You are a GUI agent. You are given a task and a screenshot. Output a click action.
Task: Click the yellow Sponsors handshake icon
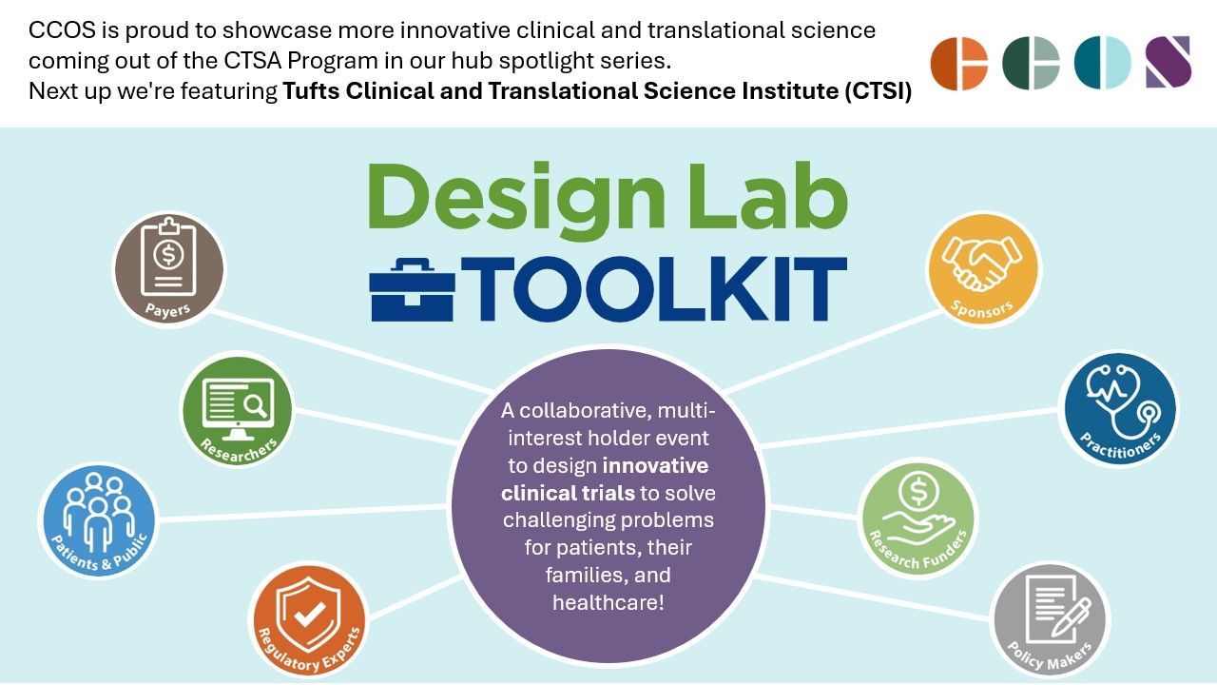pyautogui.click(x=983, y=261)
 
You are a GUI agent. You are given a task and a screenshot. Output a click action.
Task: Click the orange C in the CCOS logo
pyautogui.click(x=958, y=64)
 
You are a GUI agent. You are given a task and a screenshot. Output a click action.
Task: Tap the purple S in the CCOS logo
pyautogui.click(x=1168, y=63)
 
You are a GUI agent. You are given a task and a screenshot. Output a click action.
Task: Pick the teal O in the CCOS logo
pyautogui.click(x=1102, y=64)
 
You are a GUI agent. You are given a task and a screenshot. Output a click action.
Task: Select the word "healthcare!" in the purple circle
pyautogui.click(x=608, y=602)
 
